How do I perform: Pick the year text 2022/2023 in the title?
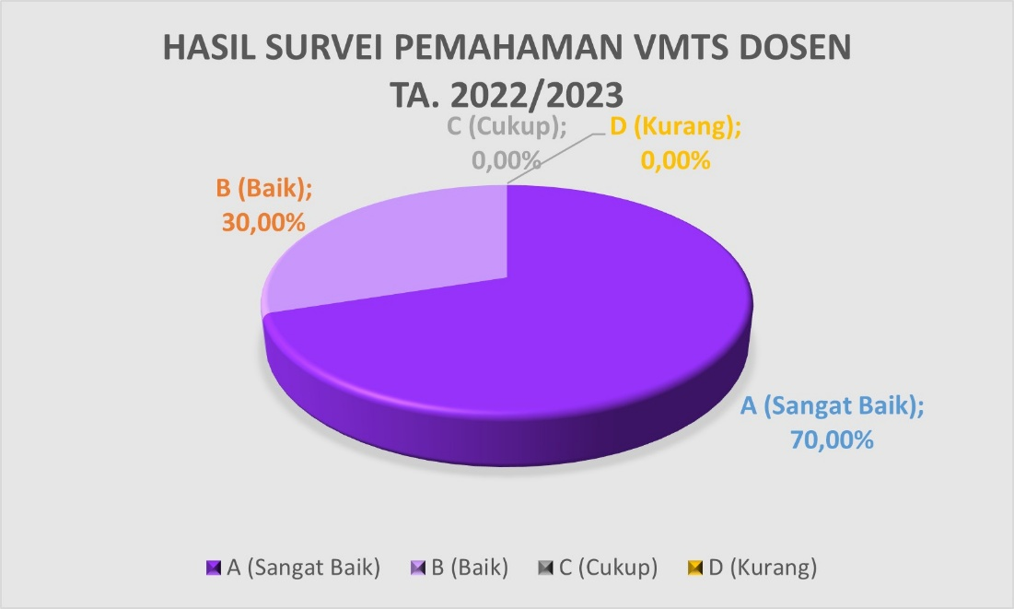(x=537, y=95)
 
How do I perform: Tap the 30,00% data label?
(x=263, y=223)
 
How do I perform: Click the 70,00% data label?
(x=832, y=440)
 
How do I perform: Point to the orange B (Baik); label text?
(x=263, y=188)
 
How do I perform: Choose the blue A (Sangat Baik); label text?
(x=833, y=405)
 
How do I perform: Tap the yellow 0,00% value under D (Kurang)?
(x=676, y=160)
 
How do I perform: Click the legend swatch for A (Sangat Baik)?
(x=214, y=568)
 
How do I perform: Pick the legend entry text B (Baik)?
(x=470, y=568)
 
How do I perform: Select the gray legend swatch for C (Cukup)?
(x=545, y=568)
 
